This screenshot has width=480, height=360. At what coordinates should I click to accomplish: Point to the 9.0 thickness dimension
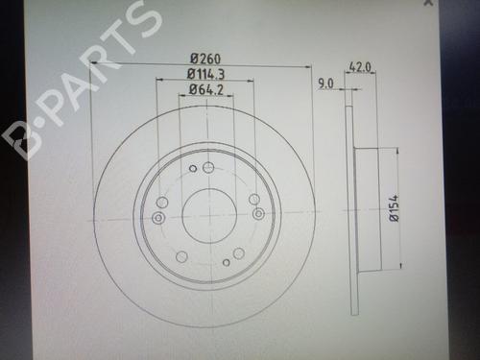tap(324, 84)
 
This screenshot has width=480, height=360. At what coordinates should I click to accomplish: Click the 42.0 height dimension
tap(360, 67)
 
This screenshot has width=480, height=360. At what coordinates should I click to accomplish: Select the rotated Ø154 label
tap(393, 208)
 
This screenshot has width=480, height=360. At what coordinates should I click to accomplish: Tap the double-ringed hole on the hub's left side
tap(158, 219)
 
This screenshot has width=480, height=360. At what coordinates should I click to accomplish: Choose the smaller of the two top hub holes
tap(194, 170)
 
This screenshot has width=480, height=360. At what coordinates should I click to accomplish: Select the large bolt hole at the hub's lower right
tap(239, 252)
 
